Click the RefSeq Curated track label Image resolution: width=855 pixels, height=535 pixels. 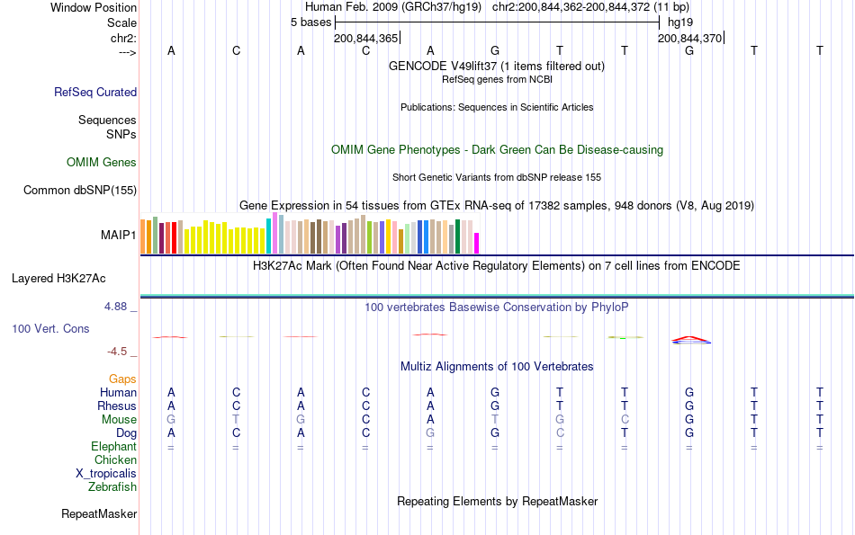click(95, 92)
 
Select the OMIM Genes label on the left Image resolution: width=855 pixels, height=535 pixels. click(101, 163)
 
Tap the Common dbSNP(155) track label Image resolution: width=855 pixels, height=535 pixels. click(80, 190)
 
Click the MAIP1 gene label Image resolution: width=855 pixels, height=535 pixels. click(119, 235)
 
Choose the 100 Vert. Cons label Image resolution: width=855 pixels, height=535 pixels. click(50, 329)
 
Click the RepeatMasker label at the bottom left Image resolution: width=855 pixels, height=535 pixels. click(99, 514)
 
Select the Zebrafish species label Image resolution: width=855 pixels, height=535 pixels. click(112, 487)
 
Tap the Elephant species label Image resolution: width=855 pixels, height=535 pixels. click(113, 447)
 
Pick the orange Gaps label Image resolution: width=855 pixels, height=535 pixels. click(122, 379)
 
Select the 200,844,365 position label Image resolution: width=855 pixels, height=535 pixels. click(365, 39)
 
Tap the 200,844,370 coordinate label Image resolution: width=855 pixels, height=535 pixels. click(689, 39)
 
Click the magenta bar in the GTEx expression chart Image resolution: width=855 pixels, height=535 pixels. click(477, 243)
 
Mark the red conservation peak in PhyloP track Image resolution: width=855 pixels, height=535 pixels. click(689, 338)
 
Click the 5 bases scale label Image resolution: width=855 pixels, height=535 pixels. click(310, 22)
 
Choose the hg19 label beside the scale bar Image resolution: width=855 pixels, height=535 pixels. click(680, 22)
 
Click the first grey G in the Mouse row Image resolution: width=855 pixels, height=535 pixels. click(171, 420)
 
